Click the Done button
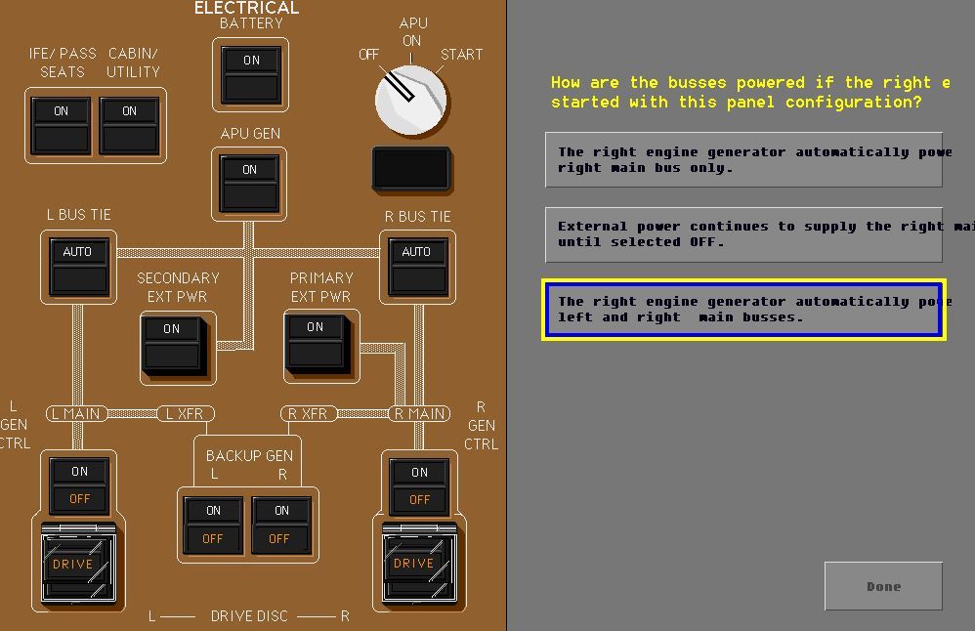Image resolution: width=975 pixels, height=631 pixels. [883, 586]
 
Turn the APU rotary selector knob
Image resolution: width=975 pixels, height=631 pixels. [411, 101]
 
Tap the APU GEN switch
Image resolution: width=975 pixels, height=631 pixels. [250, 184]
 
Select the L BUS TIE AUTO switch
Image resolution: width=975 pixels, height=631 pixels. [78, 266]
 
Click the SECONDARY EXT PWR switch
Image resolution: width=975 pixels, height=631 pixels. [173, 343]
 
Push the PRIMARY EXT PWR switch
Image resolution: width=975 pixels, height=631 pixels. [316, 341]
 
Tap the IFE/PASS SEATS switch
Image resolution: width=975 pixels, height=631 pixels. [62, 125]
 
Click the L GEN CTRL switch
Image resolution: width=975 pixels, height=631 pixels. [79, 485]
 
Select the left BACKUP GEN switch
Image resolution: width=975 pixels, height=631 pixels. [214, 525]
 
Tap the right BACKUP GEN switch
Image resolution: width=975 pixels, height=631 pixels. [281, 525]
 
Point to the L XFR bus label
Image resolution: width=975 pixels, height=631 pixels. [185, 414]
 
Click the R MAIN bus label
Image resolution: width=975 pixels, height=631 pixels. [419, 414]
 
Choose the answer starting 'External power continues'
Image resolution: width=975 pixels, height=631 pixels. [744, 234]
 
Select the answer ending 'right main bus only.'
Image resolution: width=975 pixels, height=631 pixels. [744, 160]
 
